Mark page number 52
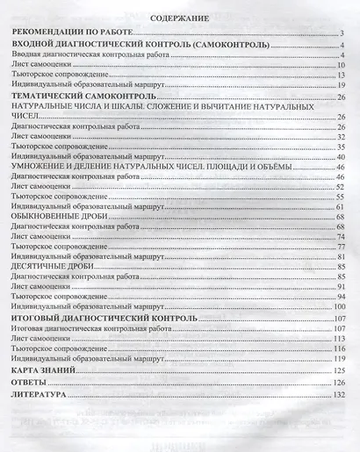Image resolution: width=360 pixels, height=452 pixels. (338, 187)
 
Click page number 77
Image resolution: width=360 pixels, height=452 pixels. (338, 247)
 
